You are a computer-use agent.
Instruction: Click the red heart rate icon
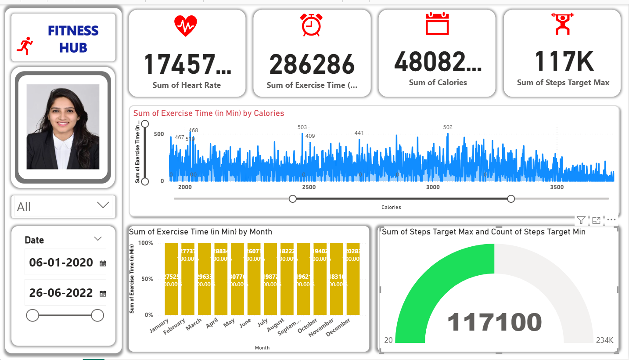pyautogui.click(x=186, y=26)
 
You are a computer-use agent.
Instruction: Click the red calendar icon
pyautogui.click(x=437, y=24)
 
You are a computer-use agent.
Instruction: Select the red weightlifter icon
pyautogui.click(x=562, y=24)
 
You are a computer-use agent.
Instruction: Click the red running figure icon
pyautogui.click(x=25, y=46)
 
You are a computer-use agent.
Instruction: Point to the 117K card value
pyautogui.click(x=564, y=61)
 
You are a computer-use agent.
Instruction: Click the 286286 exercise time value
pyautogui.click(x=312, y=64)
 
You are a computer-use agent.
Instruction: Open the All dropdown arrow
pyautogui.click(x=103, y=205)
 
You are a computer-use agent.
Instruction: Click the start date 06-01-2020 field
pyautogui.click(x=61, y=263)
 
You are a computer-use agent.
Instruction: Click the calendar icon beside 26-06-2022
pyautogui.click(x=103, y=294)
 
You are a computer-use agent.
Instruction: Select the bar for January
pyautogui.click(x=172, y=279)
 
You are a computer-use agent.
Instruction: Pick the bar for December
pyautogui.click(x=353, y=279)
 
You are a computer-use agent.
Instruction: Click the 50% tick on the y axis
pyautogui.click(x=146, y=279)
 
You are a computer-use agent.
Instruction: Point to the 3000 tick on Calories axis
pyautogui.click(x=433, y=187)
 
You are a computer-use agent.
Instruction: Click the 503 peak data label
pyautogui.click(x=302, y=127)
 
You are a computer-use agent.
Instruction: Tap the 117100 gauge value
pyautogui.click(x=494, y=323)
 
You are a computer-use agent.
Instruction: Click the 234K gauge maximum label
pyautogui.click(x=604, y=340)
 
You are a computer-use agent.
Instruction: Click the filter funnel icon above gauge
pyautogui.click(x=581, y=220)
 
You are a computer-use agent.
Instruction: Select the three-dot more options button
pyautogui.click(x=611, y=220)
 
